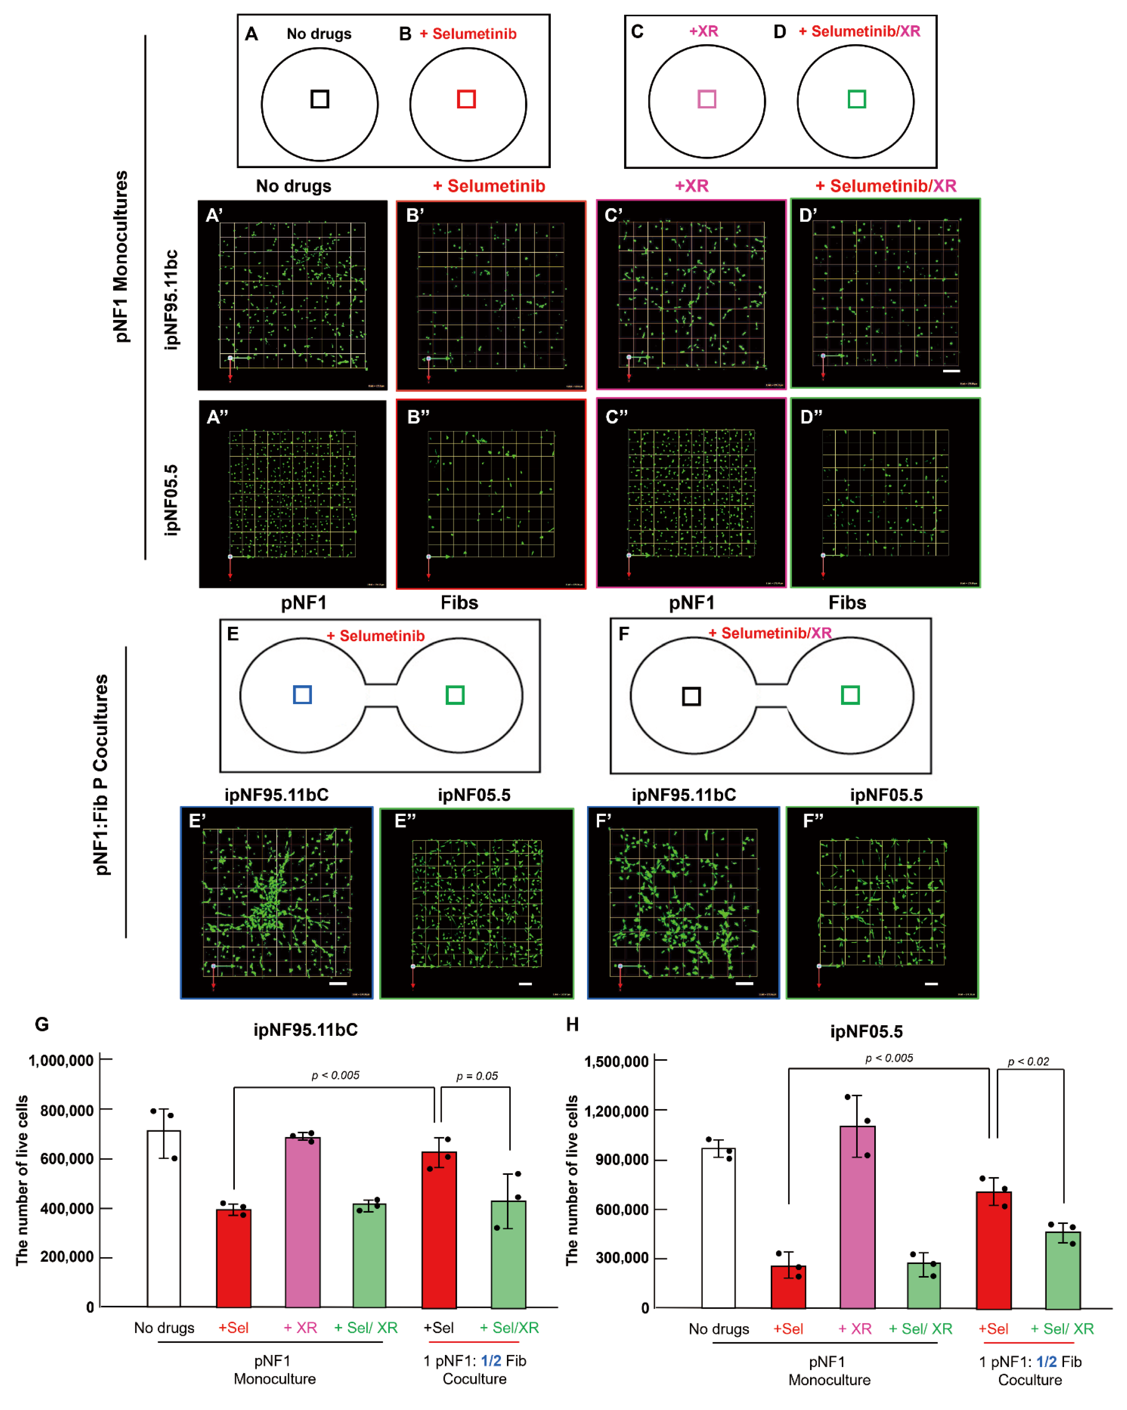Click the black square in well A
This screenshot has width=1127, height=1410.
point(320,99)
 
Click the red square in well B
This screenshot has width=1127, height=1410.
point(466,99)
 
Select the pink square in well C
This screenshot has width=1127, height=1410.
point(707,99)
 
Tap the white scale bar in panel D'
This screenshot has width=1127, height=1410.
point(951,371)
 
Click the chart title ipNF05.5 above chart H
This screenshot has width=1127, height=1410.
point(866,1032)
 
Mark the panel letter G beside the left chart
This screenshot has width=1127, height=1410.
point(42,1024)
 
